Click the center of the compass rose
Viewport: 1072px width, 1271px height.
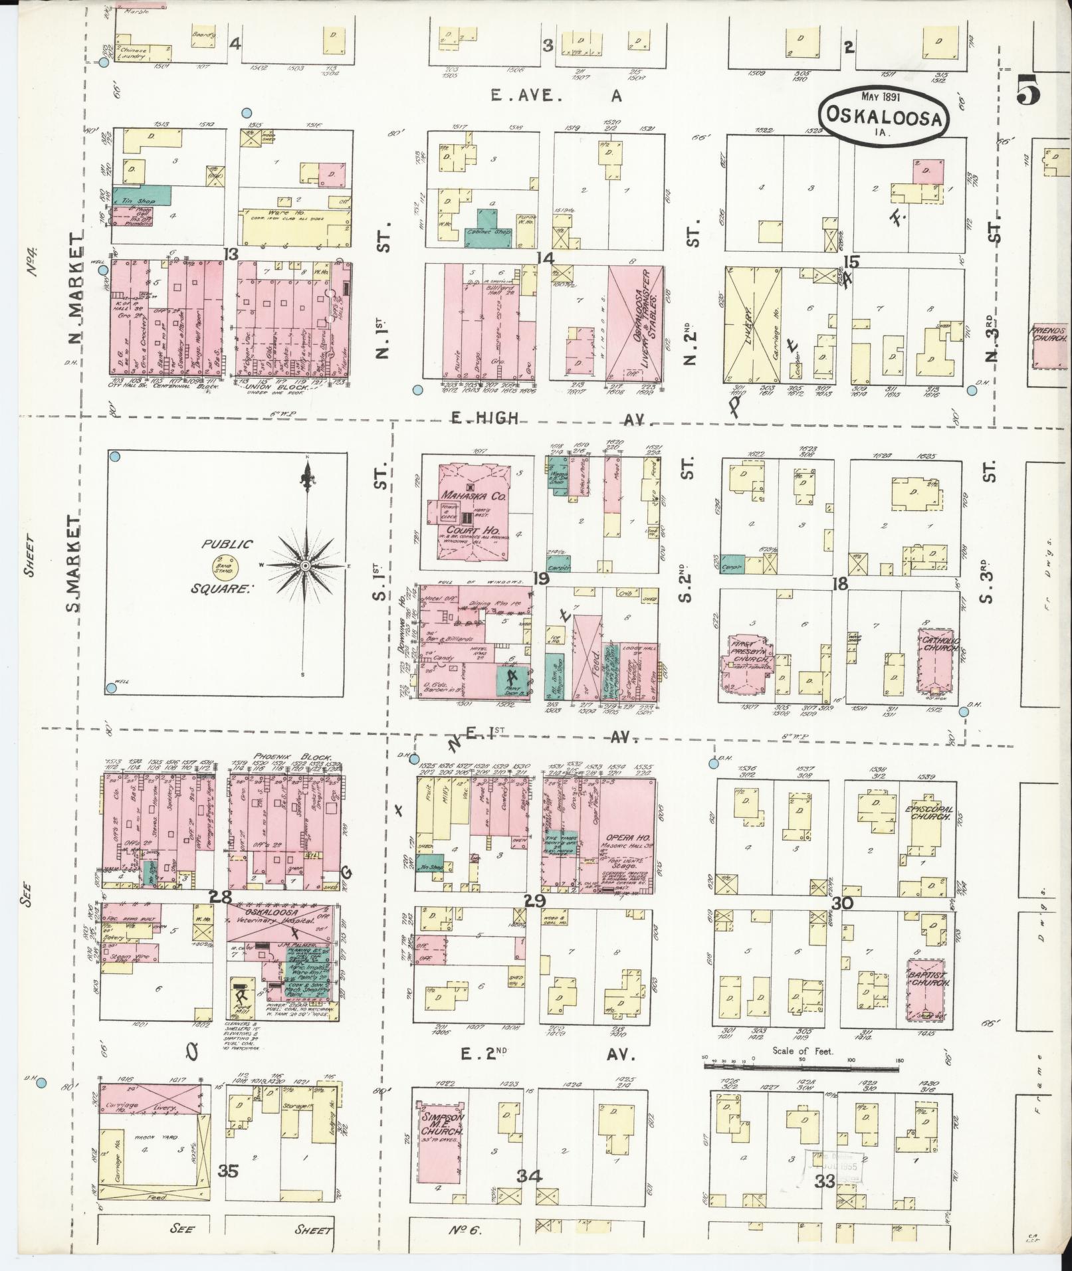(x=304, y=565)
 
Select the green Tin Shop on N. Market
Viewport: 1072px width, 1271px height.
(x=142, y=195)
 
